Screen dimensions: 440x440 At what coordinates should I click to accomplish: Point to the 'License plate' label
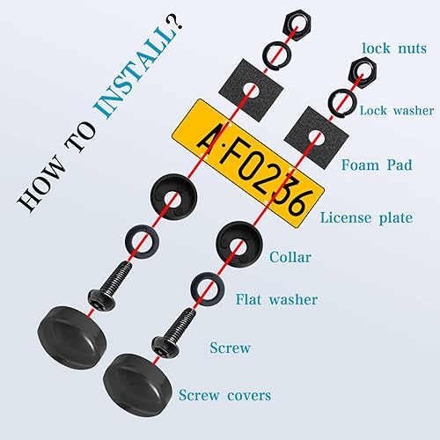click(x=366, y=216)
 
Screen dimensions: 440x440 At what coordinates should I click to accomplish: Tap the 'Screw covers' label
click(x=225, y=395)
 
